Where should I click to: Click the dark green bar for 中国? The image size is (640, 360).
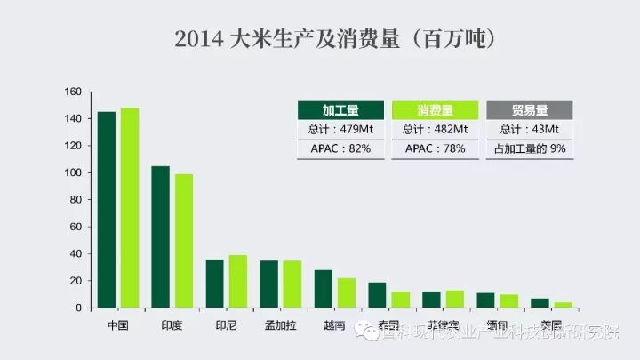[106, 210]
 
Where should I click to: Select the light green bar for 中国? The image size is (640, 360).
[130, 208]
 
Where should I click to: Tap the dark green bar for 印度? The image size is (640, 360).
[160, 236]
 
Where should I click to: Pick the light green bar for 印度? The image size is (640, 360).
[183, 241]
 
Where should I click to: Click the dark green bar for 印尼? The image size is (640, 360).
[214, 284]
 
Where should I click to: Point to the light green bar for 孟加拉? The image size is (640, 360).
[292, 284]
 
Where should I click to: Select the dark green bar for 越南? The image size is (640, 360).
[323, 289]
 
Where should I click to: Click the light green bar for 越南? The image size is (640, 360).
[346, 293]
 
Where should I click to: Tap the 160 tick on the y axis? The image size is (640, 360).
[73, 92]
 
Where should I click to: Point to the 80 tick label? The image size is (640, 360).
[76, 200]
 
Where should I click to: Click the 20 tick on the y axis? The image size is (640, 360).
[76, 281]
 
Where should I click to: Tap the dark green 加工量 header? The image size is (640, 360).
[341, 110]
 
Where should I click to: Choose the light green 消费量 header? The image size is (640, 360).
[435, 110]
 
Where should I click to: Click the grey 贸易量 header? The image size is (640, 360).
[530, 110]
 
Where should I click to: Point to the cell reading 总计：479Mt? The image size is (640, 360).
[341, 130]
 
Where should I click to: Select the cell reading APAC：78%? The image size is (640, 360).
[435, 148]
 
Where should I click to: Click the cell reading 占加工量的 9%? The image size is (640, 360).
[530, 148]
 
